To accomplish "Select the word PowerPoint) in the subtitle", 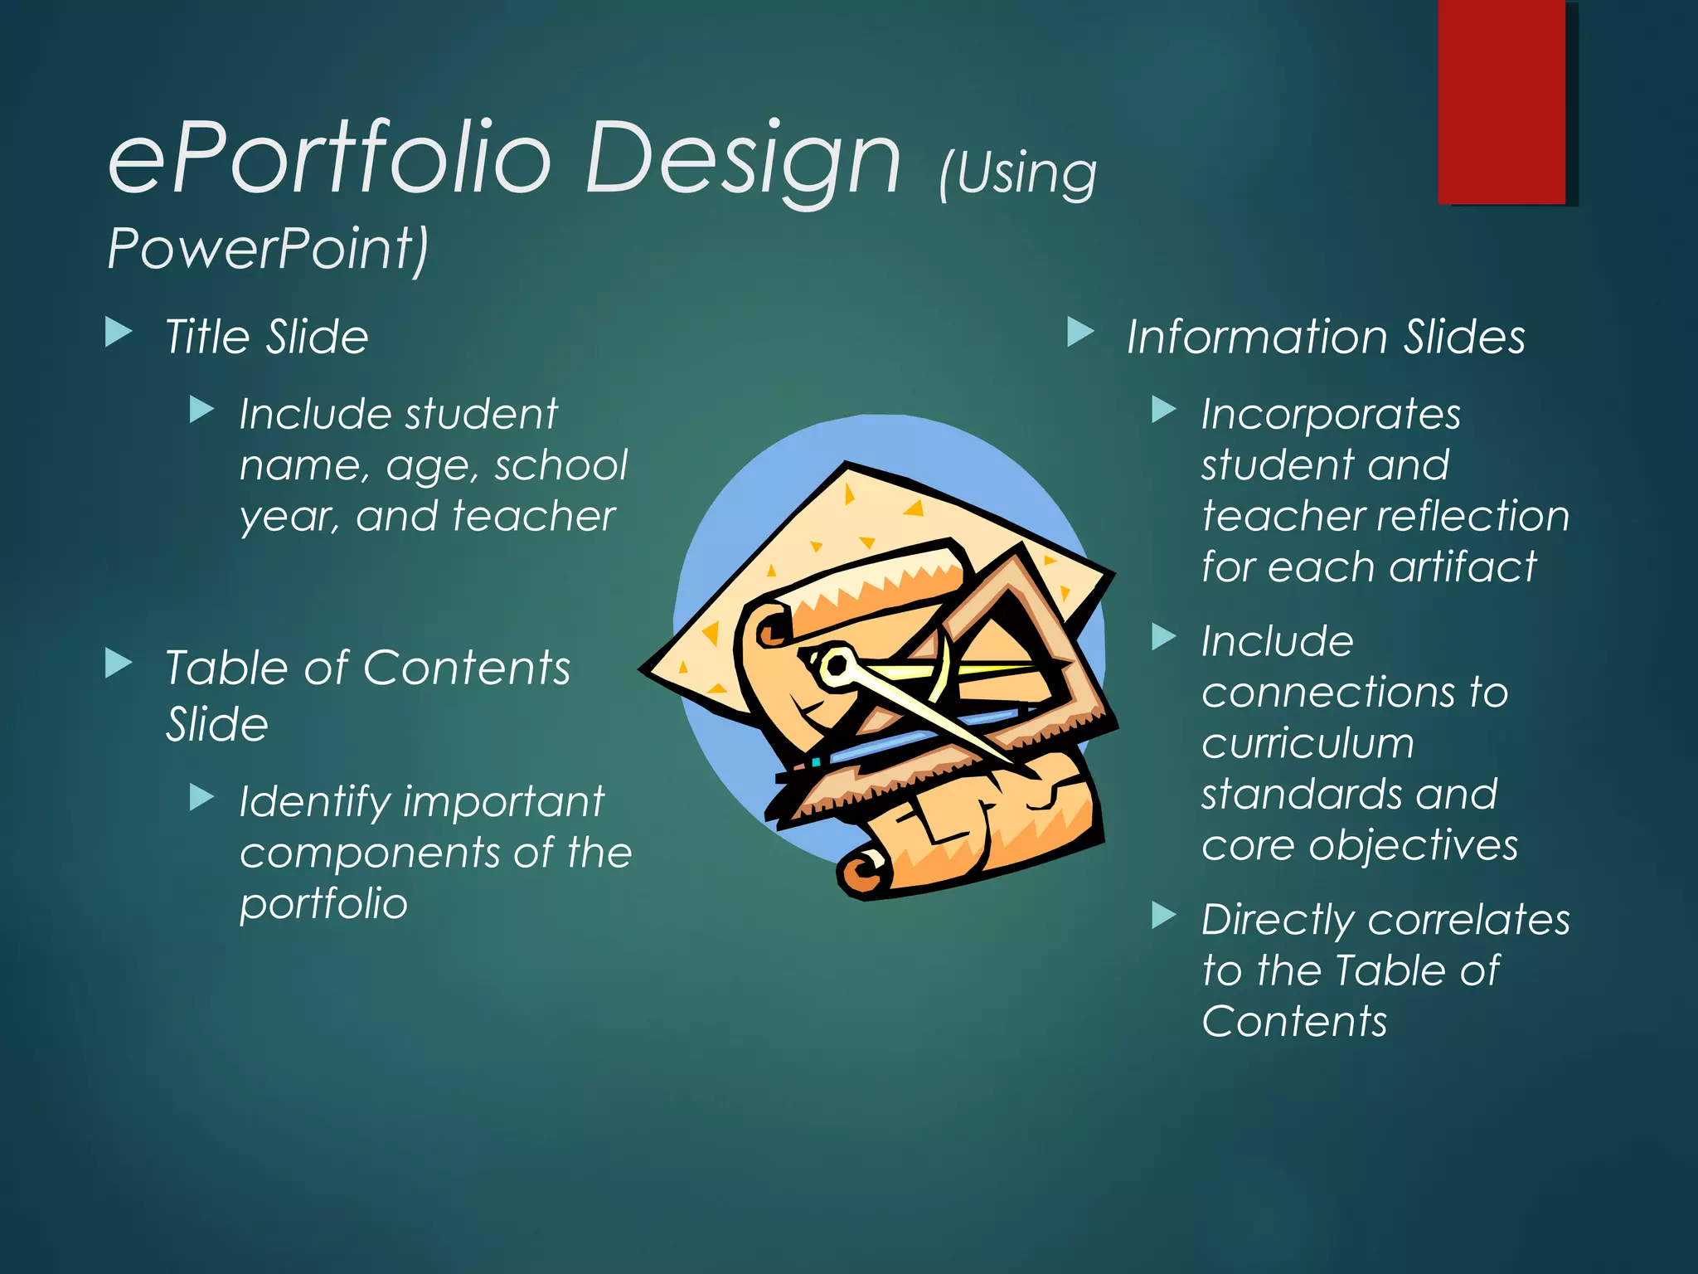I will tap(268, 248).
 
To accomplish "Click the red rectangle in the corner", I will tap(1501, 101).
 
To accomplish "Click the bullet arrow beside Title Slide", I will tap(119, 333).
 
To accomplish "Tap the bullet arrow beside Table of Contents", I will tap(119, 664).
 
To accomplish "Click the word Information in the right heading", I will tap(1256, 337).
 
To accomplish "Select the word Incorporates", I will tap(1331, 415).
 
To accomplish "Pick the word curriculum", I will tap(1307, 743).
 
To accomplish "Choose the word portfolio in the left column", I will tap(323, 904).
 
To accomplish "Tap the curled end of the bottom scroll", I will tap(862, 873).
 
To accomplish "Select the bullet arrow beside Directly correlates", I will tap(1164, 916).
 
